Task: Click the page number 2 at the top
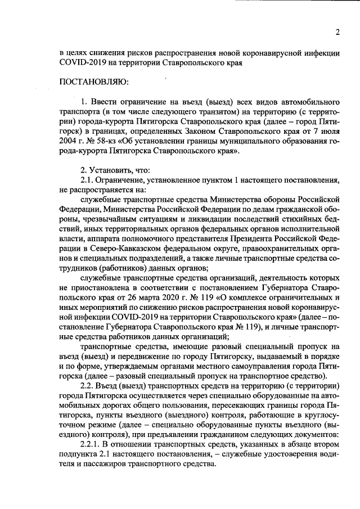coord(337,32)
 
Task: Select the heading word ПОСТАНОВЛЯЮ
coord(94,82)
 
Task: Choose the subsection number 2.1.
coord(87,181)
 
